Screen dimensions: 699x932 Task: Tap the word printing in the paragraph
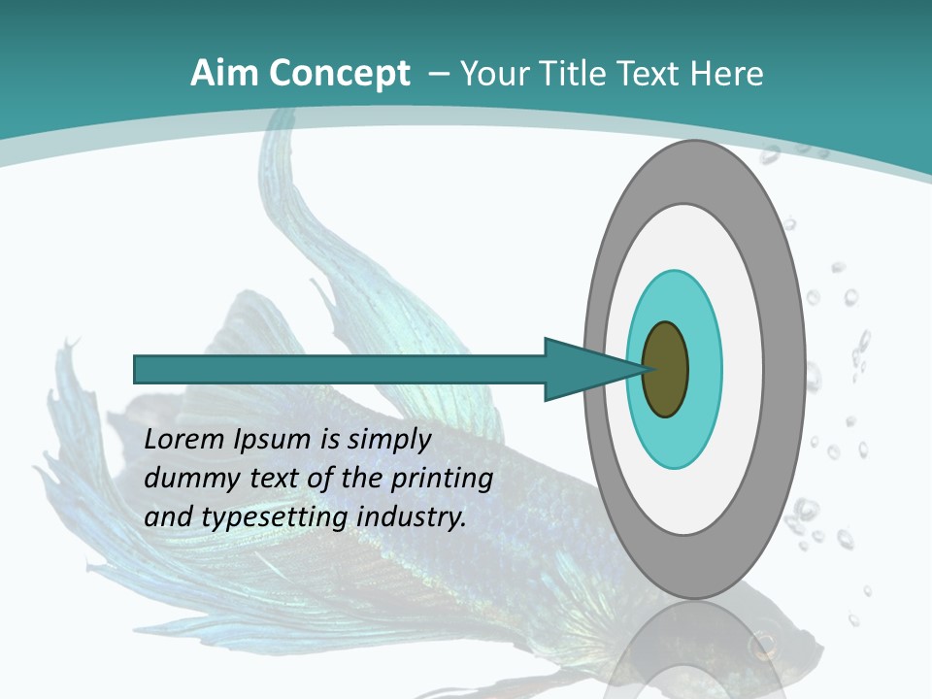pos(441,479)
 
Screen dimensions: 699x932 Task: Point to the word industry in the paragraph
pos(412,517)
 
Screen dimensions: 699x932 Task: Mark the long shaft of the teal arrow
pos(340,370)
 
